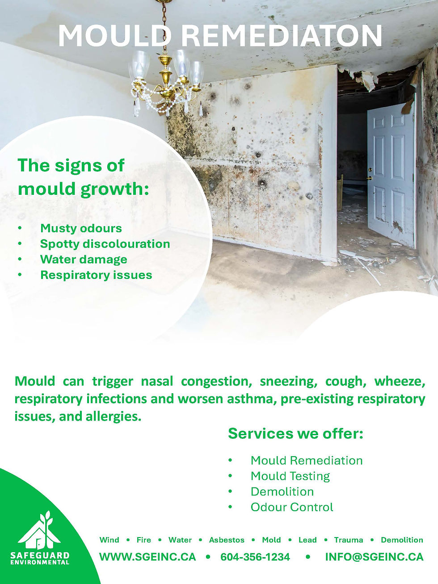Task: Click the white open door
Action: pos(391,170)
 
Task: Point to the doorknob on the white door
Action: pos(370,178)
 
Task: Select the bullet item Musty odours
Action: pos(81,228)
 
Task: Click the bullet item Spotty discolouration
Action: pos(105,244)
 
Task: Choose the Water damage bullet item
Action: pos(84,260)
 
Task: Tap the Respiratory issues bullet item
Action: pos(96,275)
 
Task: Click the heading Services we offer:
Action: pos(295,433)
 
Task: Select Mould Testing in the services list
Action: pos(290,476)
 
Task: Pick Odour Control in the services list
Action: pos(292,508)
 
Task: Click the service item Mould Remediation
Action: pos(307,461)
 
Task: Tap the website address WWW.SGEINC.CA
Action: pos(147,557)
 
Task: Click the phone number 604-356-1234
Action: pos(255,557)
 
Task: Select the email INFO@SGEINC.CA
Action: pos(374,557)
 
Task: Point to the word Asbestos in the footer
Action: pos(227,540)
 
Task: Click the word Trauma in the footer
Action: pos(349,540)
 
